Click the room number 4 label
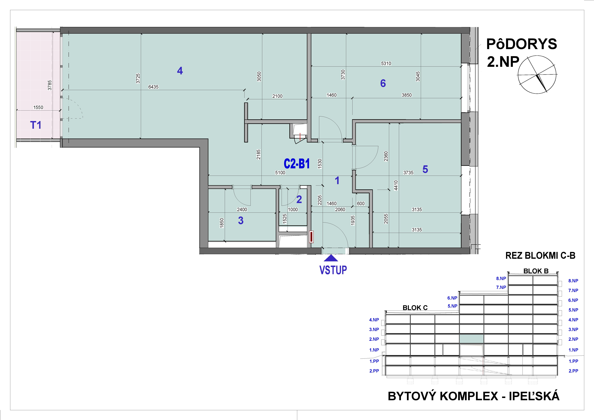pyautogui.click(x=180, y=71)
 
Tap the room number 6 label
pyautogui.click(x=383, y=83)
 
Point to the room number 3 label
pyautogui.click(x=241, y=221)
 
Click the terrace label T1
pyautogui.click(x=36, y=125)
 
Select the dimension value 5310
pyautogui.click(x=386, y=63)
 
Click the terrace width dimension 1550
pyautogui.click(x=38, y=107)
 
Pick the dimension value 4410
pyautogui.click(x=396, y=185)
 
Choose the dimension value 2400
pyautogui.click(x=242, y=210)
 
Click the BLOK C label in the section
pyautogui.click(x=415, y=308)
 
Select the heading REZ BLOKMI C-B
pyautogui.click(x=540, y=256)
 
